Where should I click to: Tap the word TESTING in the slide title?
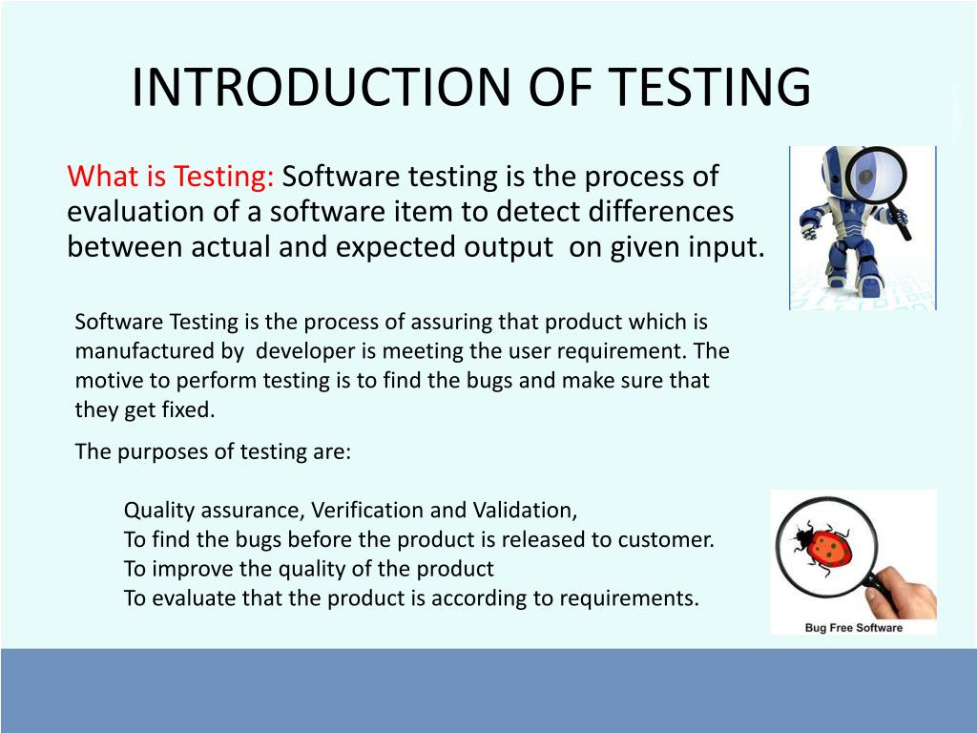tap(709, 87)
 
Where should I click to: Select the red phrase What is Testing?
tap(171, 177)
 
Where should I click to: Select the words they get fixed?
tap(145, 410)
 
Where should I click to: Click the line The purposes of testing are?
tap(213, 451)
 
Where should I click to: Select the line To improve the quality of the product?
tap(308, 569)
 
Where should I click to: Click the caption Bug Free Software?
tap(853, 627)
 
